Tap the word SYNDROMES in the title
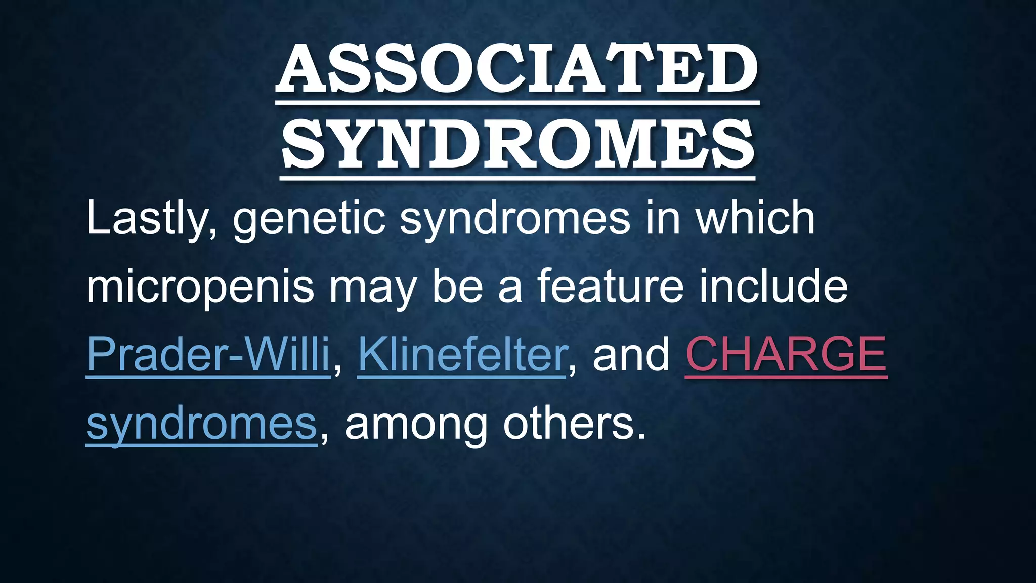coord(517,144)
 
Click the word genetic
coord(309,219)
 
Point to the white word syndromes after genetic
coord(515,219)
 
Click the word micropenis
coord(200,287)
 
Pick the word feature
coord(609,286)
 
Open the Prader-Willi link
coord(208,354)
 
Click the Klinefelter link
coord(462,354)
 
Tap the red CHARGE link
coord(786,354)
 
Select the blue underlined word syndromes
coord(201,424)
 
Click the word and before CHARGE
coord(631,354)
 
